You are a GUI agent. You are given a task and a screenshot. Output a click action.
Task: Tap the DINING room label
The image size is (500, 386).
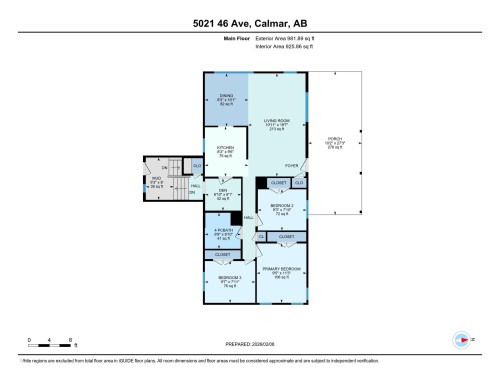pyautogui.click(x=226, y=96)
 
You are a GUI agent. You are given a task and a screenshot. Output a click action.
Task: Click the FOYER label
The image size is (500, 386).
pyautogui.click(x=291, y=165)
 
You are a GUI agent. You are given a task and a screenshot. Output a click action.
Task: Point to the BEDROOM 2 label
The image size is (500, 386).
pyautogui.click(x=281, y=207)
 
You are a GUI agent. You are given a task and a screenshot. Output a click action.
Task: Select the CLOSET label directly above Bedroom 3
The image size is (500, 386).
pyautogui.click(x=222, y=255)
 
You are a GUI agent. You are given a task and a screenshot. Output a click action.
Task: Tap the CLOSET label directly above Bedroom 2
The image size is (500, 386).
pyautogui.click(x=279, y=183)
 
